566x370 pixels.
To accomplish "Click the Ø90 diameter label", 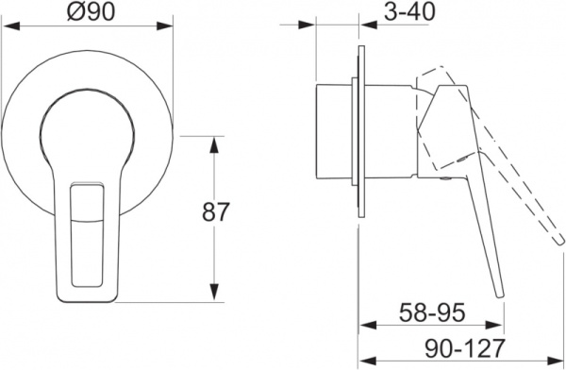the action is coord(92,11).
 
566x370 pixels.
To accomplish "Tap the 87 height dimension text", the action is coord(215,211).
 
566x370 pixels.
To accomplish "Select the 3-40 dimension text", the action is coord(409,11).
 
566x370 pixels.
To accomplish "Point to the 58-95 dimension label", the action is coord(432,312).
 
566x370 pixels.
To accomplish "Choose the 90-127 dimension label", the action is coord(464,348).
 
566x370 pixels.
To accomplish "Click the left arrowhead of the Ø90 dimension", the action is coord(10,26).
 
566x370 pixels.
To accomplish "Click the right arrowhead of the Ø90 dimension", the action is coord(164,26).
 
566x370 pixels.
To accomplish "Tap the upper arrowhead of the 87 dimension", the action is coord(214,145).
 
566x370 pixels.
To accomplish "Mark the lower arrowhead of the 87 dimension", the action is coord(214,293).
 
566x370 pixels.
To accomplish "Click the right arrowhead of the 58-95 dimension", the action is coord(494,325).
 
